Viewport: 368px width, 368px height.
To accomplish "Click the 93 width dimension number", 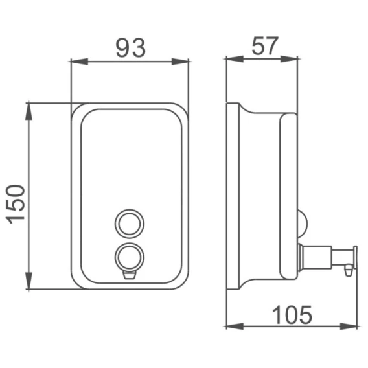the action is (131, 48).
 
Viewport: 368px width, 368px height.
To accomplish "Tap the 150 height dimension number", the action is (16, 205).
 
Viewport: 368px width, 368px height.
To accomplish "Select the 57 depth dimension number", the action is (265, 45).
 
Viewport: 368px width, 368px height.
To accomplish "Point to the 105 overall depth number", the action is (292, 315).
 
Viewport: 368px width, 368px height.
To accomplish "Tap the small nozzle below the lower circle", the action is (130, 275).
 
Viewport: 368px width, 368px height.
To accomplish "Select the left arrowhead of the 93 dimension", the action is (79, 62).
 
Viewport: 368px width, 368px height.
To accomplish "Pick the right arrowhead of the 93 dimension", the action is (180, 62).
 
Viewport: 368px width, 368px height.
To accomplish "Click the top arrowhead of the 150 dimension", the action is (29, 111).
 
